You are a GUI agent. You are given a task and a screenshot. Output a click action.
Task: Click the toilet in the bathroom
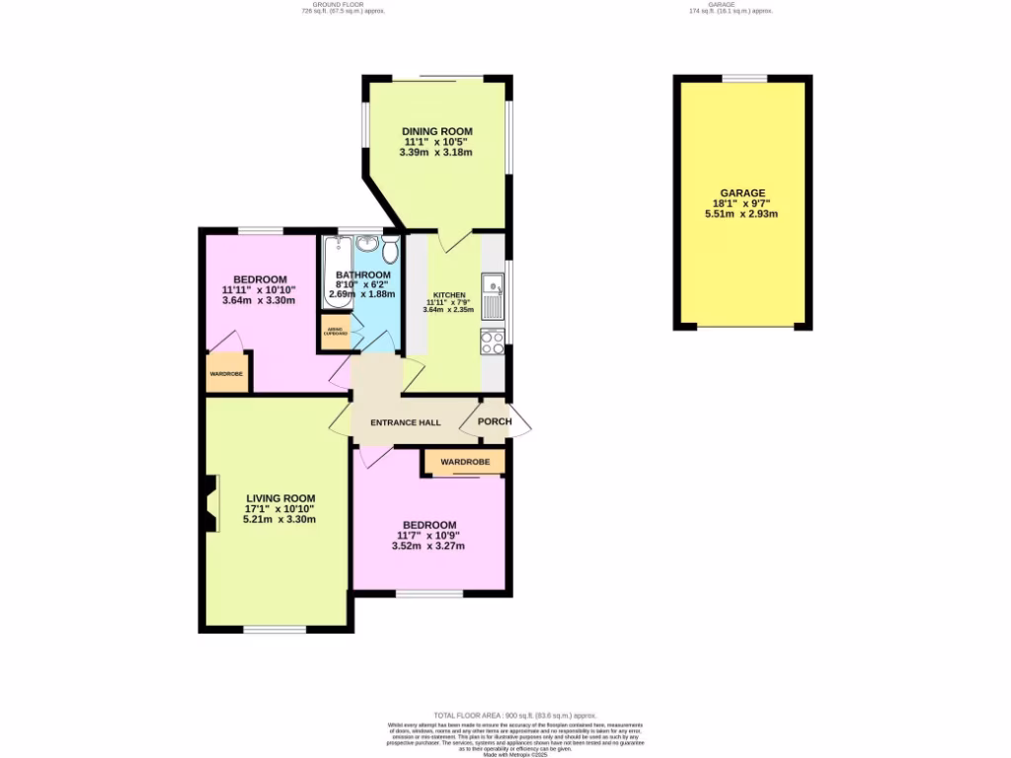point(390,247)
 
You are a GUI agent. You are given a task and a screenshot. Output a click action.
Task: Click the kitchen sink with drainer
point(492,294)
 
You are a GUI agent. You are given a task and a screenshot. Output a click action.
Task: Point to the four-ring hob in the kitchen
point(492,341)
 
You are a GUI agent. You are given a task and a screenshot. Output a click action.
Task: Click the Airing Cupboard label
point(336,334)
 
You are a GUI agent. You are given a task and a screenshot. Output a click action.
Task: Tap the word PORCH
point(495,421)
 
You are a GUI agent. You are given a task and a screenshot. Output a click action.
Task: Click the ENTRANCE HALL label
point(405,422)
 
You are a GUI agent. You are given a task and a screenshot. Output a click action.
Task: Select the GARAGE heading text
point(742,193)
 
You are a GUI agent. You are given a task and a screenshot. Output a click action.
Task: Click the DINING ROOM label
point(436,131)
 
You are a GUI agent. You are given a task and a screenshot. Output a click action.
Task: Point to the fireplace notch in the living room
point(209,503)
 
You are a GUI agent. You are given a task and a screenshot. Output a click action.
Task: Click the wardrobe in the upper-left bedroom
point(226,373)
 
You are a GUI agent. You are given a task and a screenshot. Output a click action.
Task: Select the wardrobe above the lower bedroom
point(464,461)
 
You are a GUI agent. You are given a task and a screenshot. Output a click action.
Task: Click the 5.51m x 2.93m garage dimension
point(742,213)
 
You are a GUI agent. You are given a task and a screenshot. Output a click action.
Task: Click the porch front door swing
point(521,421)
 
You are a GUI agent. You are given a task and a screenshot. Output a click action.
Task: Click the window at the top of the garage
point(743,78)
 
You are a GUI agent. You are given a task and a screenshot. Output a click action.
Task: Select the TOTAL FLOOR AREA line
point(514,715)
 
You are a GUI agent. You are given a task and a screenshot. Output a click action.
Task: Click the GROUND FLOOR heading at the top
point(341,7)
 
